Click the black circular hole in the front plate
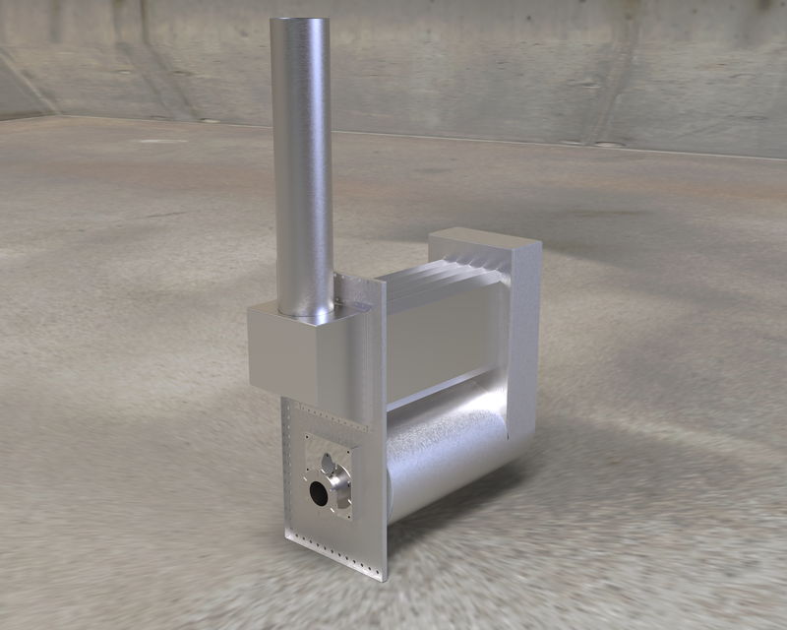pyautogui.click(x=319, y=494)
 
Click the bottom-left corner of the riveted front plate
pyautogui.click(x=286, y=536)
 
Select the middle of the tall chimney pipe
pyautogui.click(x=302, y=167)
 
